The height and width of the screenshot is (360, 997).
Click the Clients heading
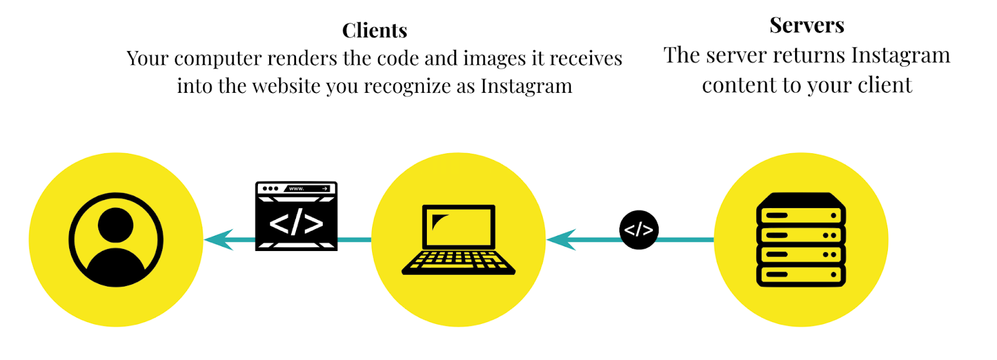click(374, 31)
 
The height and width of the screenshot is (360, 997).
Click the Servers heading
click(806, 25)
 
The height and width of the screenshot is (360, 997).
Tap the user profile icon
click(116, 240)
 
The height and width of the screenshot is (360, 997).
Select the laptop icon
click(459, 240)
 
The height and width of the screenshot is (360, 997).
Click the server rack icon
click(801, 240)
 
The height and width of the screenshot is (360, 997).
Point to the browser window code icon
click(296, 216)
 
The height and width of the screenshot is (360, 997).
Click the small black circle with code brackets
click(639, 230)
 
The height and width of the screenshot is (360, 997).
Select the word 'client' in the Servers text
click(885, 85)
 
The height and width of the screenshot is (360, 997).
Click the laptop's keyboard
click(459, 262)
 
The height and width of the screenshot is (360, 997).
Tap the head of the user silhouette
click(116, 225)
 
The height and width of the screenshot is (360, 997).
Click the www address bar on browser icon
click(308, 189)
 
